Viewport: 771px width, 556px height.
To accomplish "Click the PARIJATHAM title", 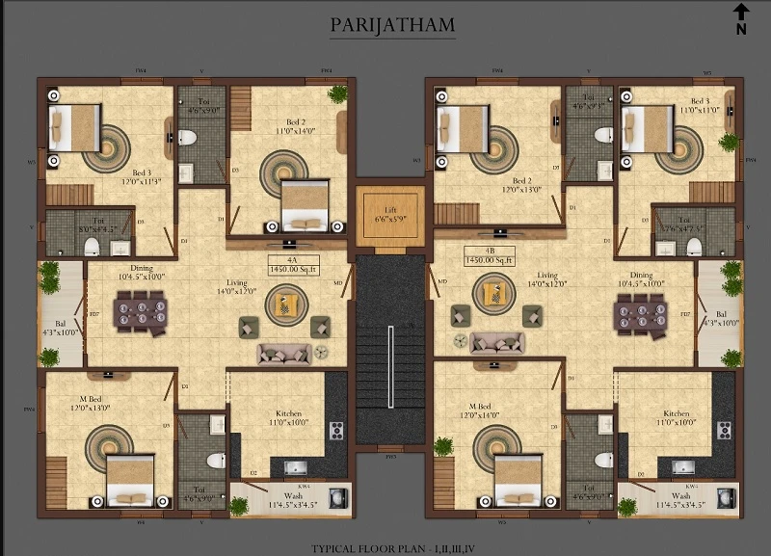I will point(392,26).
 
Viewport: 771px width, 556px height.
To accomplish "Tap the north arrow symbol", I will point(741,18).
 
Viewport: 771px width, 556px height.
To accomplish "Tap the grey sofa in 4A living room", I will point(284,353).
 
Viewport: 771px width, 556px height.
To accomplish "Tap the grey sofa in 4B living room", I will point(496,343).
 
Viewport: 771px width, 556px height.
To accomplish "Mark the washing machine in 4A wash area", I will point(336,497).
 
